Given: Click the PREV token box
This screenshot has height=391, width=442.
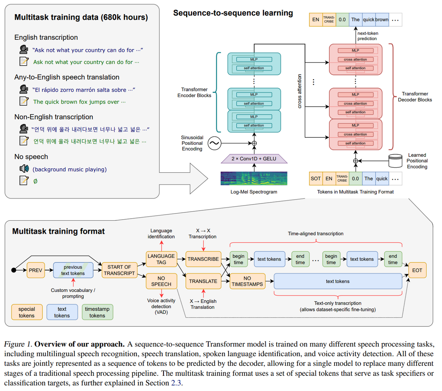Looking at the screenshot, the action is pos(36,270).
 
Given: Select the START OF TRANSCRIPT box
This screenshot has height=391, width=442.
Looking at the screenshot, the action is pos(119,270).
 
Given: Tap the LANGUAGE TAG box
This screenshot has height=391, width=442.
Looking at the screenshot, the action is pos(161,259).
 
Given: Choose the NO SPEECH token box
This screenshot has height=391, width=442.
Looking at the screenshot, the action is pos(161,281).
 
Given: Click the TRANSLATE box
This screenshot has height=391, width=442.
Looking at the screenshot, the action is pos(203,281).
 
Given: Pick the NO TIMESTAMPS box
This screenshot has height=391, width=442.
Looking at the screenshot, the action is pos(247,281).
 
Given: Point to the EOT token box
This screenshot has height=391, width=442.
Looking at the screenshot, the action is pos(417,270).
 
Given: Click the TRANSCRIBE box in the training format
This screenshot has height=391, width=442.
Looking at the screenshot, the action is pos(203,259).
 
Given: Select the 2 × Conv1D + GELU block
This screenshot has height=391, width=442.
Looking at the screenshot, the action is pos(254,159).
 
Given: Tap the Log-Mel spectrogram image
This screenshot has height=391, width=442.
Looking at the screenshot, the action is pos(254,178).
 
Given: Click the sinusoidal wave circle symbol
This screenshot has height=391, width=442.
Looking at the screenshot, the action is pos(214,143).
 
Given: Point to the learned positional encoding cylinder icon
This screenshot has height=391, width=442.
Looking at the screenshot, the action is pos(395,161).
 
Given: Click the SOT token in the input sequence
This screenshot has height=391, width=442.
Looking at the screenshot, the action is pos(316,179).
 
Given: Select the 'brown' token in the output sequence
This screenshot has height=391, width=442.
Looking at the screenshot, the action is pos(382,20).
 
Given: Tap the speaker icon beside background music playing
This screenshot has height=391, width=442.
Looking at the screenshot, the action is pos(24,169).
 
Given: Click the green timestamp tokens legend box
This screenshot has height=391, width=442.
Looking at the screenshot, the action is pos(97,312).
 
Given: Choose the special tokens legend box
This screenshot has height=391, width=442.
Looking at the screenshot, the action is pos(27,312).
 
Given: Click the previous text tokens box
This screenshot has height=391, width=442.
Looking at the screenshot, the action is pos(73,270).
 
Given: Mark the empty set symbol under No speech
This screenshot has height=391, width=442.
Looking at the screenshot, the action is pos(35,181).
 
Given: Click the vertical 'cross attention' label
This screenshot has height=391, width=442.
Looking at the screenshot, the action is pos(299,91).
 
